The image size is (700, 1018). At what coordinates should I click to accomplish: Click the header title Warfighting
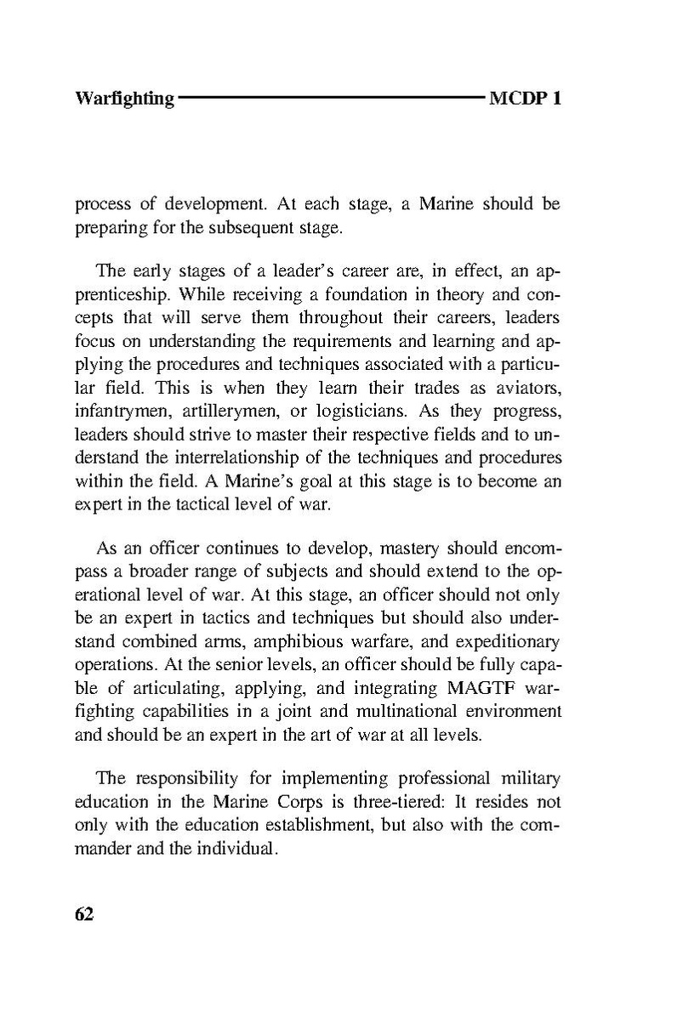(124, 99)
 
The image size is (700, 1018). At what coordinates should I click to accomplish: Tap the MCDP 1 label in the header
(525, 99)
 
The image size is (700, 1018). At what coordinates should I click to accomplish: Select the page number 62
(84, 913)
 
